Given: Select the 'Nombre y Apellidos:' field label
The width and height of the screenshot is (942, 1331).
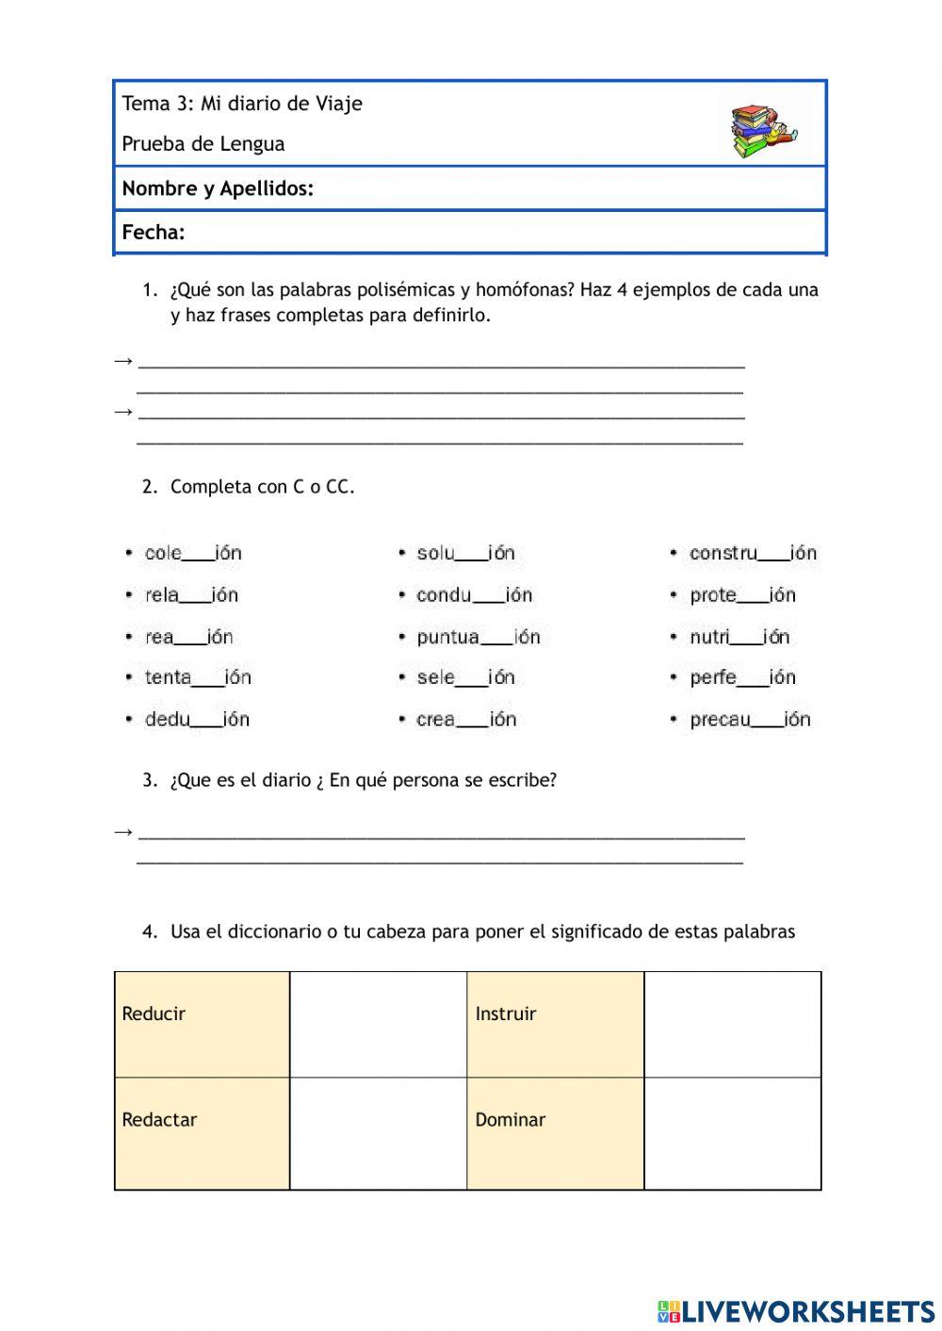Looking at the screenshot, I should (218, 188).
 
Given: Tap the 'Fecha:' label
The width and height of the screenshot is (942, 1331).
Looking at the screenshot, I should (154, 233).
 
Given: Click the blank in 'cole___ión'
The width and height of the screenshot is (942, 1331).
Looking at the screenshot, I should (198, 556).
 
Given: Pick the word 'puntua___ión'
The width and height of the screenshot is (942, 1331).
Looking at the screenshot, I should (478, 638).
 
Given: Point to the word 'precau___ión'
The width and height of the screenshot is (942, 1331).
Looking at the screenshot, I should (749, 720).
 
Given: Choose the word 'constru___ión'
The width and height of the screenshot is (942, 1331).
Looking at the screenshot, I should (752, 554).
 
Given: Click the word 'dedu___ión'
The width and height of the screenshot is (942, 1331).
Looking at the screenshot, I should (196, 720).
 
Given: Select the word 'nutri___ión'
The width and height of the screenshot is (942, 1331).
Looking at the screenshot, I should (739, 638).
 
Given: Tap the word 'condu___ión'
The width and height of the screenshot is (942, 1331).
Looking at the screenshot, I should (474, 595).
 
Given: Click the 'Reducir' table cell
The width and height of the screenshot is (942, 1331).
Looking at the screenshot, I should (202, 1024).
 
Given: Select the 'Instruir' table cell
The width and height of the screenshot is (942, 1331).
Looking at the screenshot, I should (555, 1024).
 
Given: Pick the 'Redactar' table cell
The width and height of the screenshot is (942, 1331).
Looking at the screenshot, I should (202, 1132).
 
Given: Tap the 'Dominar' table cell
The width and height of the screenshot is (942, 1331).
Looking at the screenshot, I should (555, 1132).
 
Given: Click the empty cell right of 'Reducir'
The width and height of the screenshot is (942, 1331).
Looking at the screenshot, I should (378, 1024).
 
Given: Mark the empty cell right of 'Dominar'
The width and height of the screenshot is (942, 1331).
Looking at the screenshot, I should (733, 1132).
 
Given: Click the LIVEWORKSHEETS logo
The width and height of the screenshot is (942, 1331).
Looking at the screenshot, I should (796, 1311).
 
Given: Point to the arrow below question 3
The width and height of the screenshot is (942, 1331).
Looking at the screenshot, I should (122, 832).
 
